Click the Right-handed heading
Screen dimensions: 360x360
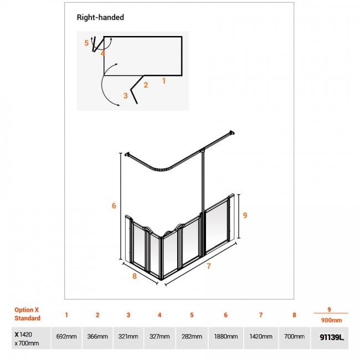click(x=100, y=18)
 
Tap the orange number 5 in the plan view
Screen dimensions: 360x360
click(x=86, y=43)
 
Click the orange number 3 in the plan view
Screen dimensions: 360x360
click(x=125, y=95)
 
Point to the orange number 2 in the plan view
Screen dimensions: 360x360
click(x=146, y=85)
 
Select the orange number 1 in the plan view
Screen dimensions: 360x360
click(x=164, y=81)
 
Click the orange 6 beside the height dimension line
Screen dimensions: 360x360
click(x=114, y=205)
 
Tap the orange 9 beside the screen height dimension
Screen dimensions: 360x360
click(x=245, y=215)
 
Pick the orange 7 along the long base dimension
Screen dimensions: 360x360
click(x=209, y=266)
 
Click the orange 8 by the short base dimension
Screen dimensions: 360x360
click(x=135, y=276)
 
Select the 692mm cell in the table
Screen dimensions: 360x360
click(x=66, y=337)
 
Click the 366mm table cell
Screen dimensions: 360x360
click(x=97, y=337)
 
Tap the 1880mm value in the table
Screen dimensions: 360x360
click(x=225, y=337)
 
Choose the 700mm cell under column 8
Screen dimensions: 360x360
click(x=294, y=337)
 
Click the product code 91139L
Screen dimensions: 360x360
click(x=332, y=337)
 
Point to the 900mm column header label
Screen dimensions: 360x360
click(x=332, y=320)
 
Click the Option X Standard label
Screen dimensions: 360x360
click(x=27, y=314)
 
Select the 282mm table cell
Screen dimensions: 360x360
click(x=192, y=337)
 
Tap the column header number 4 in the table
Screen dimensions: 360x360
click(x=160, y=315)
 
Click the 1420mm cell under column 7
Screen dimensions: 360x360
click(x=261, y=337)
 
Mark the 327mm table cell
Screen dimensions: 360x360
click(x=160, y=337)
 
